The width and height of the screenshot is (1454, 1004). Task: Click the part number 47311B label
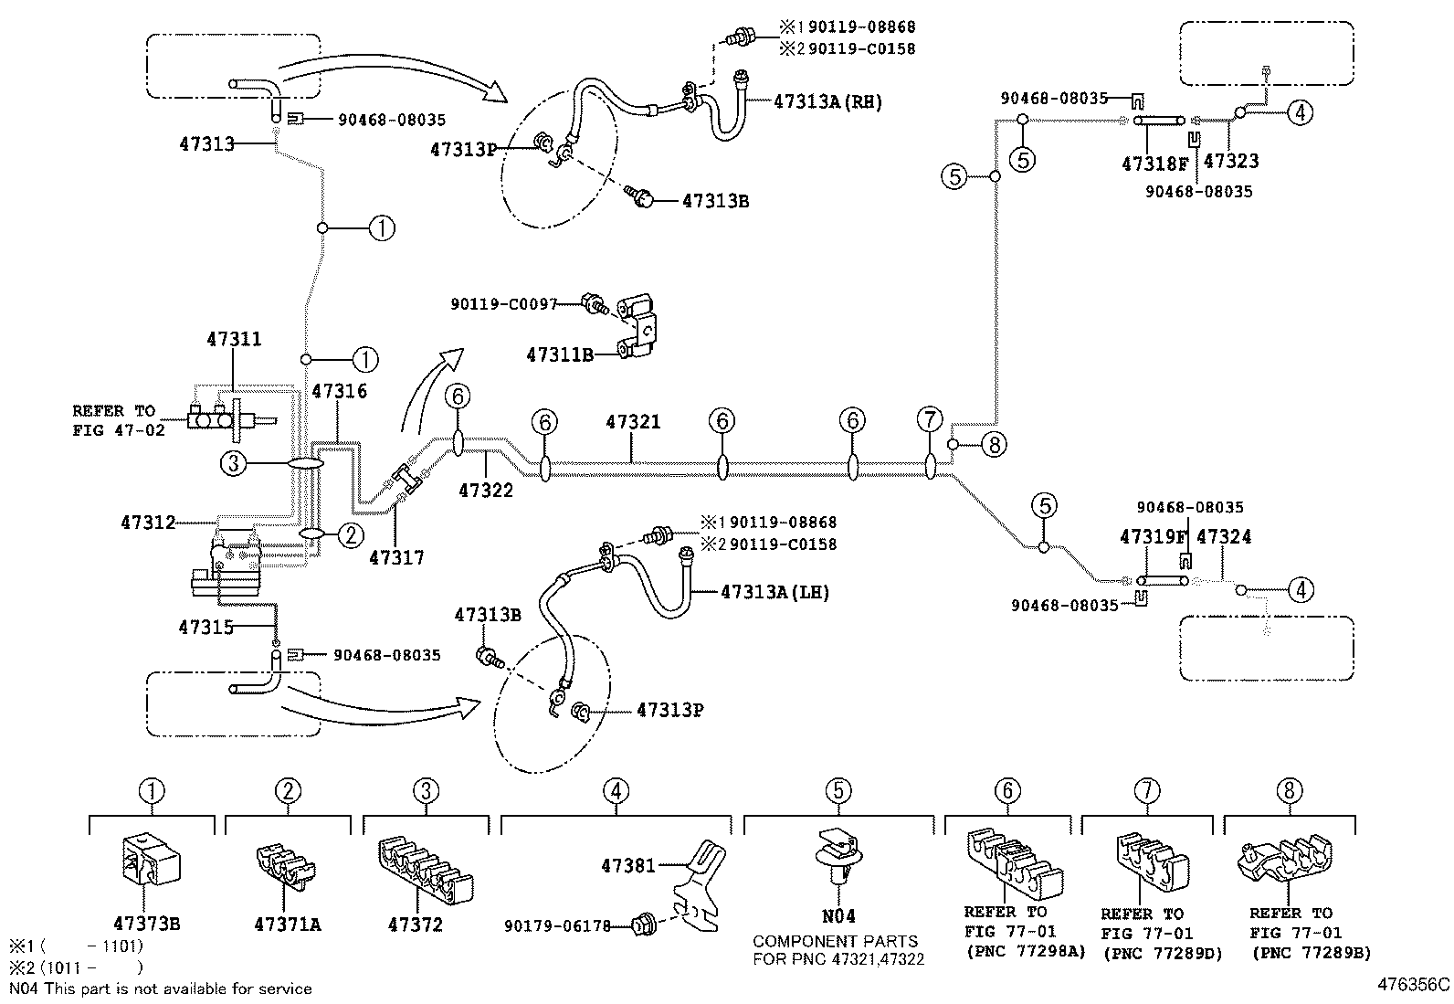point(559,354)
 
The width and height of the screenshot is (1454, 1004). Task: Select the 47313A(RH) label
point(827,101)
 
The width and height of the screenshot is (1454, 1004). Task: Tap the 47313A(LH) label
point(774,592)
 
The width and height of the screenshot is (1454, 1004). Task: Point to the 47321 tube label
point(633,422)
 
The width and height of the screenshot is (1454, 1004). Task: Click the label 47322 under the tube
point(485,490)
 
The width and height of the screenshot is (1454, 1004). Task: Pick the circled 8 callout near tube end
point(994,445)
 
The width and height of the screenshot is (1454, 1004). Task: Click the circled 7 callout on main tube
point(929,420)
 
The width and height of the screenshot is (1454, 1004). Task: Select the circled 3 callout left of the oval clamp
point(234,464)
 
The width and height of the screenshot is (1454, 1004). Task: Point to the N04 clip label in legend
point(838,915)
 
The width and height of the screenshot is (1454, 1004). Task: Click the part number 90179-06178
point(556,926)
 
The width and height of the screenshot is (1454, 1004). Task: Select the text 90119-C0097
point(503,303)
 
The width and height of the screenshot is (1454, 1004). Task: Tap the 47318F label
point(1155,164)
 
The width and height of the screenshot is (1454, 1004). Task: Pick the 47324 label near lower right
point(1223,536)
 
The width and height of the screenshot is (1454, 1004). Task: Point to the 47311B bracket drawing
point(640,324)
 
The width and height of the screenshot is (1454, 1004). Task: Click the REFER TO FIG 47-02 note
point(120,420)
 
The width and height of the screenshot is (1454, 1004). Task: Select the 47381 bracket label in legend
point(628,863)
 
